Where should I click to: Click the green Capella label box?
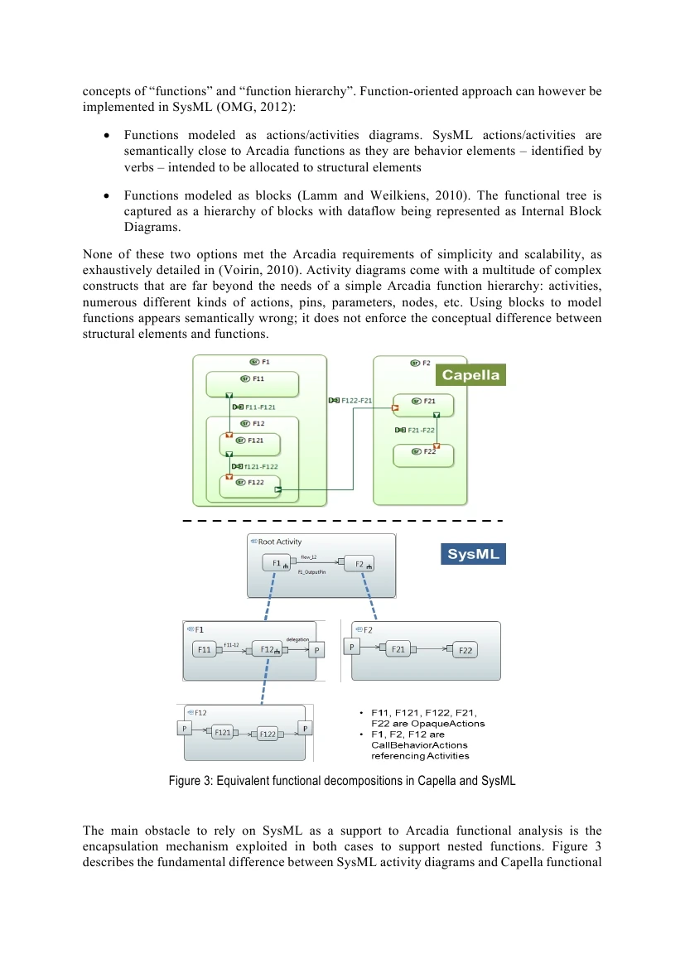point(470,375)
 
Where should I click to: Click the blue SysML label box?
point(473,554)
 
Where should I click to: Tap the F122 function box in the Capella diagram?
point(249,485)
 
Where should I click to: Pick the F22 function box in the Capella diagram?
point(423,455)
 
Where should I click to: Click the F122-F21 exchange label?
point(351,400)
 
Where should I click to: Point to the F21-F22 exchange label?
point(417,430)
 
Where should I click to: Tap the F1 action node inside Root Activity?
point(276,564)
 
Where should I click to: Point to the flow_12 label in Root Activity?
point(309,557)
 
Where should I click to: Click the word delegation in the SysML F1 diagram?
point(297,638)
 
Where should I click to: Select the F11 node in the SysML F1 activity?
point(205,651)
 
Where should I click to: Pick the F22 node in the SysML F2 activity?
point(465,651)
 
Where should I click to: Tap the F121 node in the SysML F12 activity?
point(222,733)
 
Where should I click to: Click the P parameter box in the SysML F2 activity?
point(351,647)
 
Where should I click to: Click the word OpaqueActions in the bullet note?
point(455,724)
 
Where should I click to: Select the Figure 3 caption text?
point(342,781)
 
